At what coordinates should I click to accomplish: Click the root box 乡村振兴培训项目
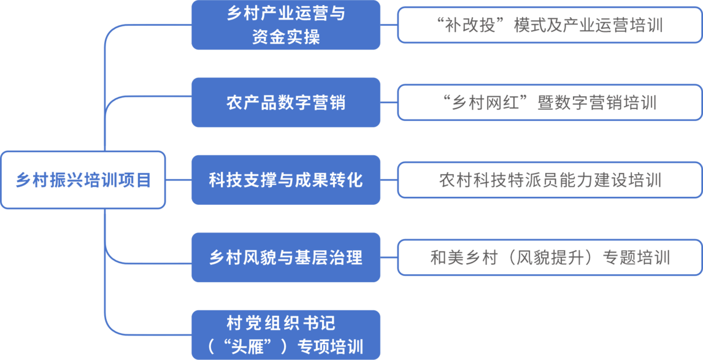(x=83, y=180)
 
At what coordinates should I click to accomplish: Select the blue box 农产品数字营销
(x=285, y=102)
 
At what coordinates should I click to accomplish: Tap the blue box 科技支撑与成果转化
(x=285, y=180)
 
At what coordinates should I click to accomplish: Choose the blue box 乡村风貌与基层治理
(x=285, y=258)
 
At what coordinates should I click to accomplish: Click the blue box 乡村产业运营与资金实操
(x=285, y=25)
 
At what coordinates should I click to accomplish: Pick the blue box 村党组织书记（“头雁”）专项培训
(x=285, y=335)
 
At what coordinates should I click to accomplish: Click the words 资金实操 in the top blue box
(x=286, y=37)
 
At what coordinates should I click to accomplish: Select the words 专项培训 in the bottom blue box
(x=330, y=346)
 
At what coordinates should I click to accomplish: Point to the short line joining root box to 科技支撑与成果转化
(x=179, y=180)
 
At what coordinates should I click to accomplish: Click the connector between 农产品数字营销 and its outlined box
(x=389, y=102)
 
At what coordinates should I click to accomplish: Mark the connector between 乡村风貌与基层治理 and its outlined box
(x=389, y=258)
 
